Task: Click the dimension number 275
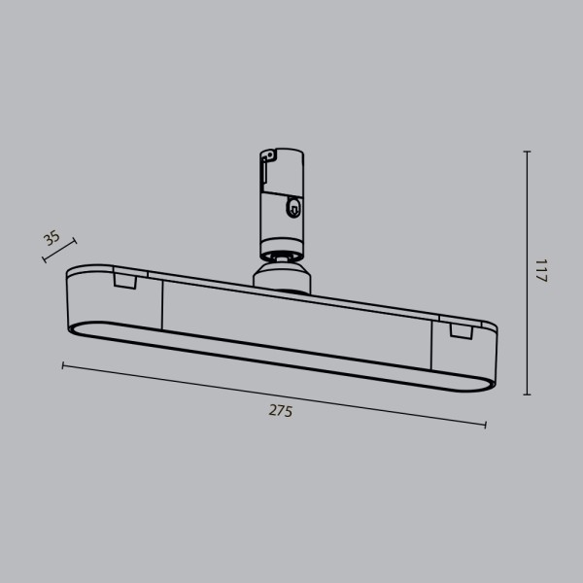pos(280,410)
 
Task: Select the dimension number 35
pos(52,238)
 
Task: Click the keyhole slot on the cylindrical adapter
pos(292,206)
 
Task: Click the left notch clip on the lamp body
pos(124,281)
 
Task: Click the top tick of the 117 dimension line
pos(527,152)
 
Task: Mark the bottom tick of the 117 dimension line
pos(527,394)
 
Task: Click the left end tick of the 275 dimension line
pos(63,365)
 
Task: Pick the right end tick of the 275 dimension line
pos(485,425)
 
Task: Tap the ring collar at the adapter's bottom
pos(282,255)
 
